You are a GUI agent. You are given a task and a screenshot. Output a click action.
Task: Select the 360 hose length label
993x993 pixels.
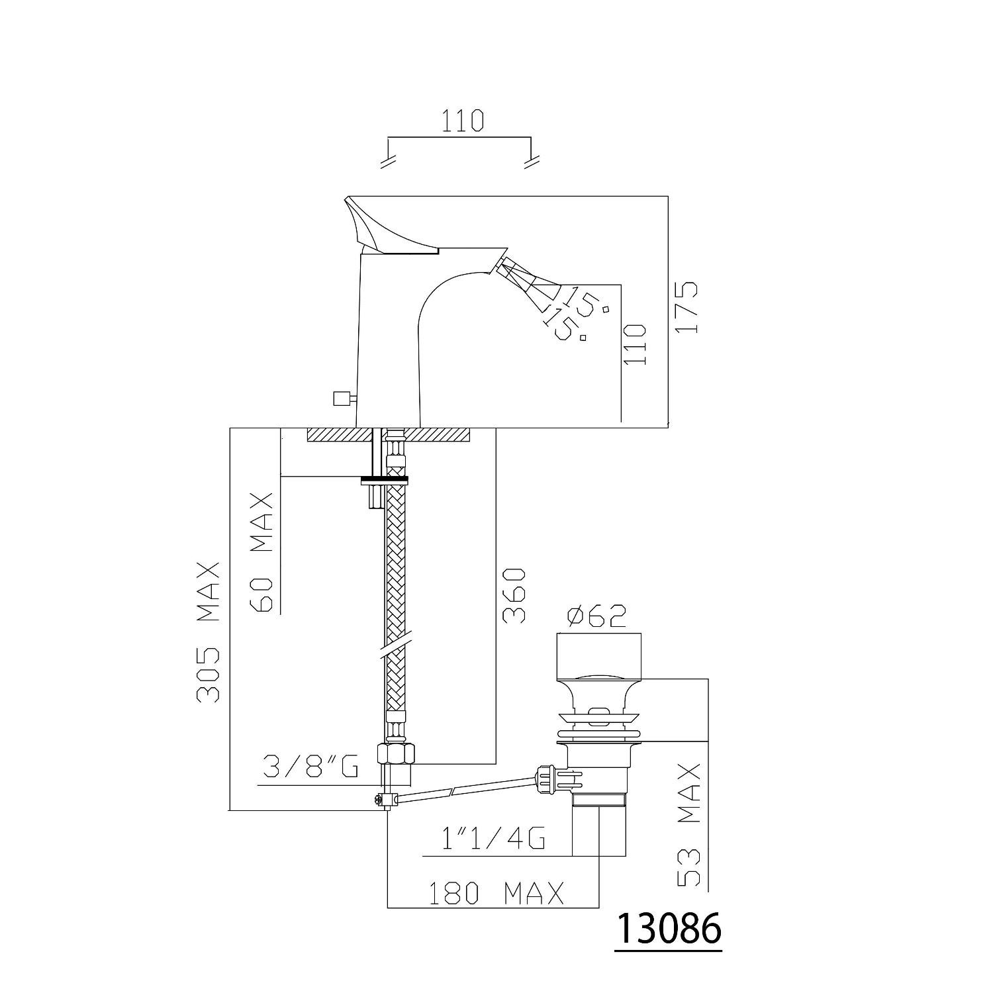pyautogui.click(x=514, y=595)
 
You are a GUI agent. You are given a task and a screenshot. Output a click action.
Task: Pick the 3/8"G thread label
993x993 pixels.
pyautogui.click(x=310, y=767)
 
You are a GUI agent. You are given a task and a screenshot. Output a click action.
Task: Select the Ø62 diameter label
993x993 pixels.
pyautogui.click(x=597, y=617)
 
